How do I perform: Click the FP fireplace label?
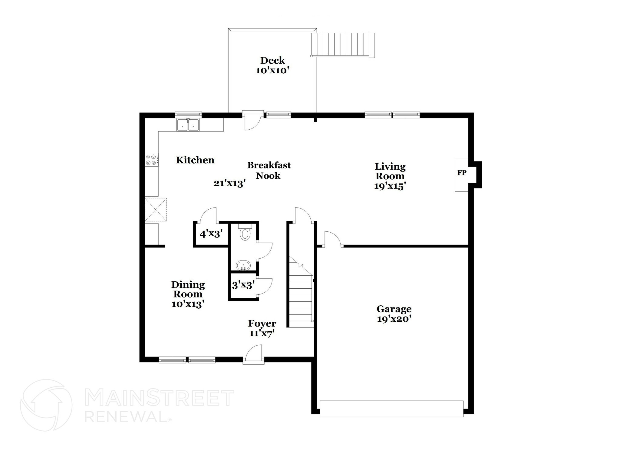[x=462, y=173]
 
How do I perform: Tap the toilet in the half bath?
[x=245, y=233]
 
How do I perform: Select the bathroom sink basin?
[x=243, y=266]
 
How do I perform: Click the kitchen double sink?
[x=188, y=125]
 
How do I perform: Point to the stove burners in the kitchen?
[x=151, y=160]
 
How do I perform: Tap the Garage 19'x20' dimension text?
[x=394, y=319]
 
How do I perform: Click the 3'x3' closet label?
[x=243, y=285]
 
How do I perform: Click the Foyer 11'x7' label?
[x=262, y=328]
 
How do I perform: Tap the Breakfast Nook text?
[x=269, y=170]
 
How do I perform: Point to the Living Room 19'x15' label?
[x=390, y=176]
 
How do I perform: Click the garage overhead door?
[x=391, y=409]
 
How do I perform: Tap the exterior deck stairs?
[x=343, y=45]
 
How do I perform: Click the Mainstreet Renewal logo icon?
[x=46, y=405]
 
